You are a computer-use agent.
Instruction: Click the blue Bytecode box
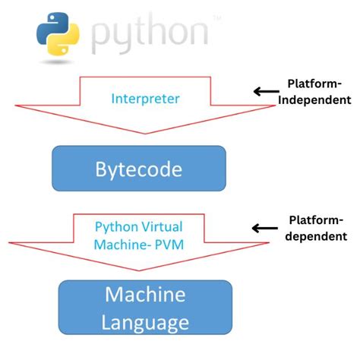tap(138, 168)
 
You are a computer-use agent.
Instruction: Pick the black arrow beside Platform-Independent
tap(267, 92)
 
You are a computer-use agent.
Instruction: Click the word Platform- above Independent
tap(315, 84)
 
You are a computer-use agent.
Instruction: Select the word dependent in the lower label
tap(315, 236)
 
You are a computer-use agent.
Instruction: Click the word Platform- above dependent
tap(315, 219)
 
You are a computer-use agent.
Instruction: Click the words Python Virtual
tap(138, 226)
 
